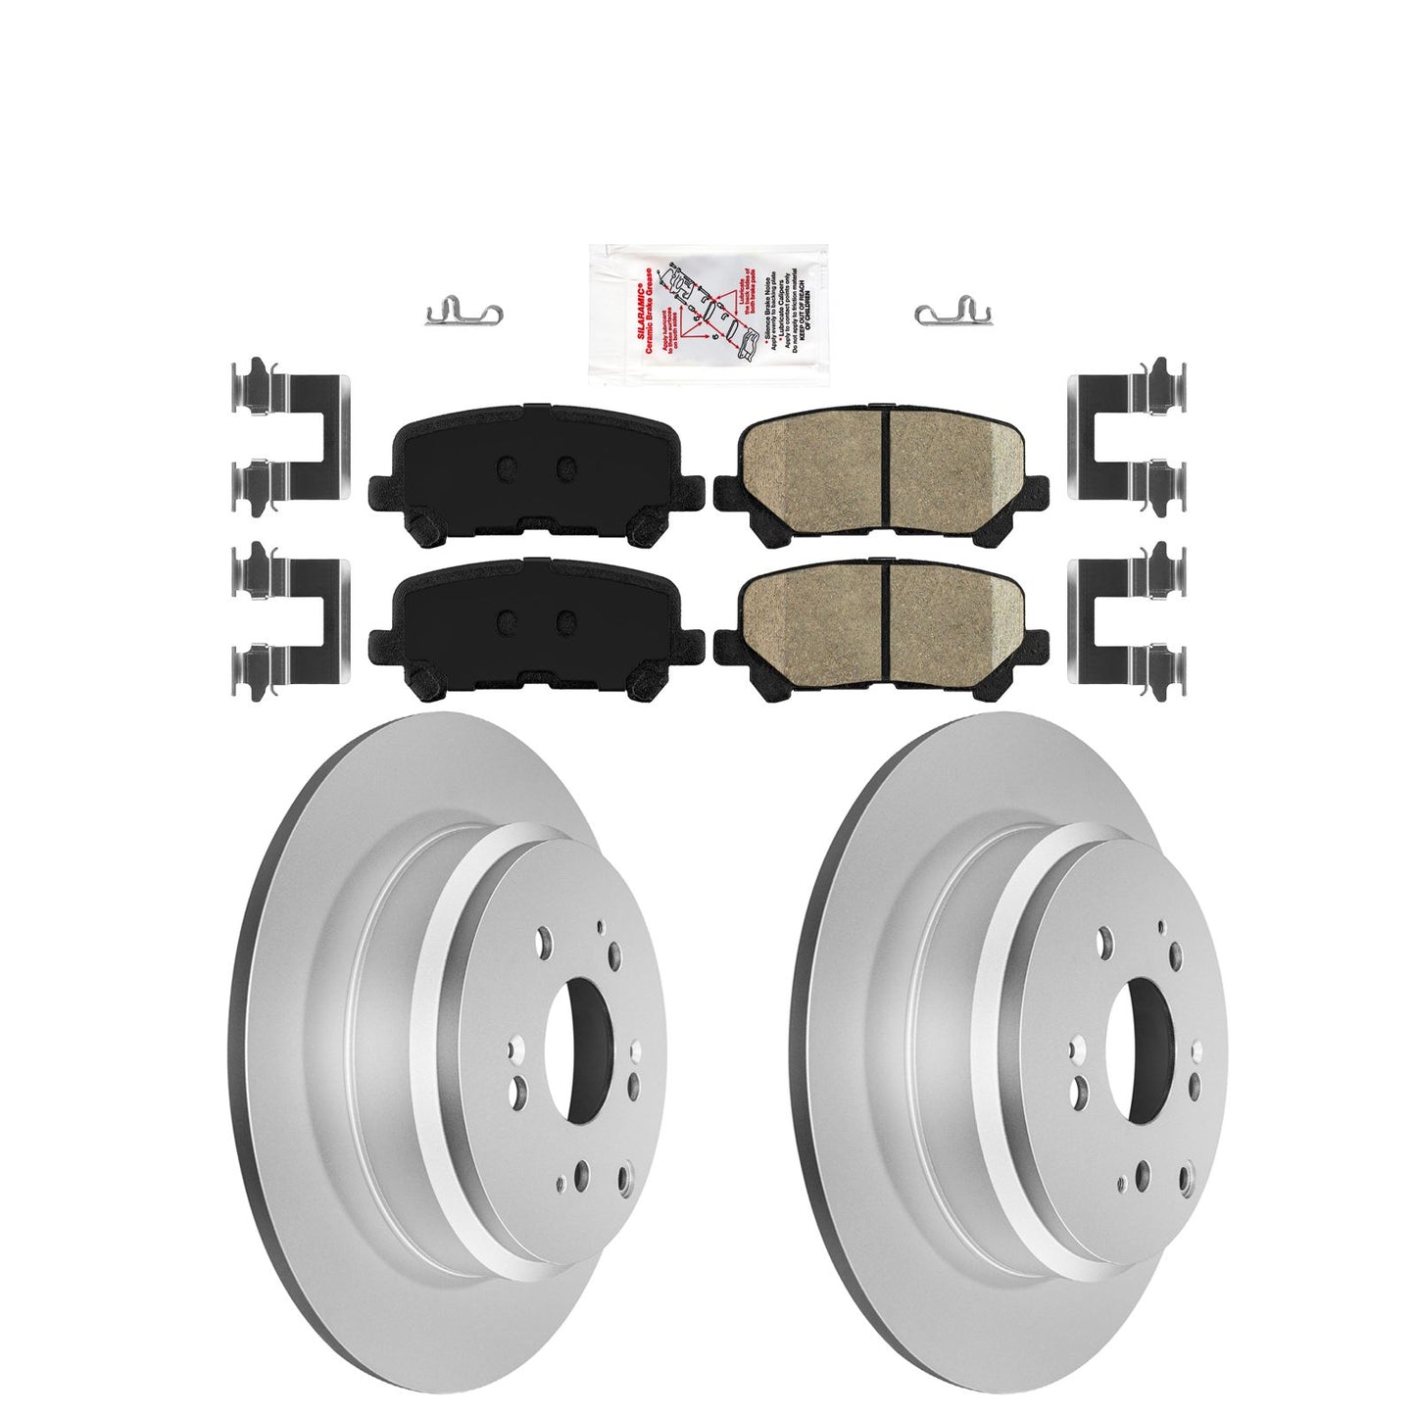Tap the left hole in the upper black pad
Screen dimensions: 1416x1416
pyautogui.click(x=506, y=468)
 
